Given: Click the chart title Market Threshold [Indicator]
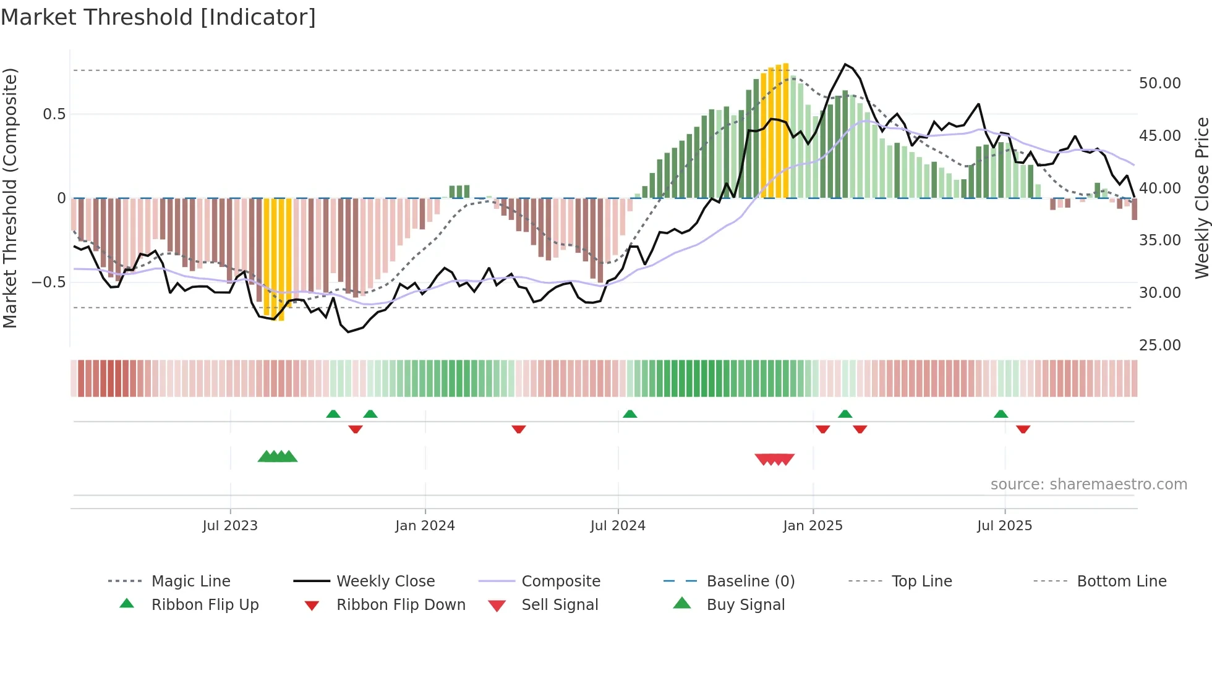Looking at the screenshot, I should [158, 17].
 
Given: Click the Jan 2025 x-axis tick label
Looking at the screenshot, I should [813, 525].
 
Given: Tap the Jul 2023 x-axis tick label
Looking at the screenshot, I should [230, 525].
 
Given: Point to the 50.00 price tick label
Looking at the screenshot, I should [1159, 83].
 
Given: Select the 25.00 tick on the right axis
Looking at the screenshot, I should [1159, 345].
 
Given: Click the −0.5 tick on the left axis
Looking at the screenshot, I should [48, 282].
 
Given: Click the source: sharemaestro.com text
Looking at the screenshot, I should [1088, 484].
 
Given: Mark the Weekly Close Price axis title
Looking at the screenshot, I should [1201, 198].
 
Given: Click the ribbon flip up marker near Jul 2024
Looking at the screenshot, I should [629, 414].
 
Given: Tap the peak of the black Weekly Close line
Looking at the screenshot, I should [845, 64].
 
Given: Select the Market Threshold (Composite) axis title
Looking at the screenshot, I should [10, 198].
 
